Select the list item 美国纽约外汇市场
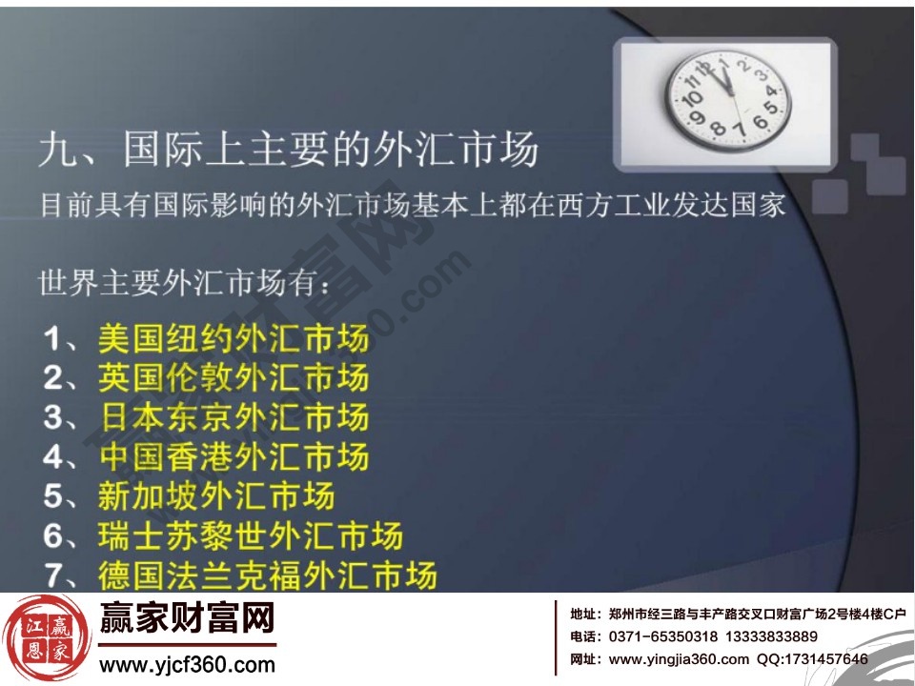point(233,338)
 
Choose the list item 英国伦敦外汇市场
point(233,377)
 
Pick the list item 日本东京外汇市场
point(233,417)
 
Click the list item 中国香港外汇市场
point(233,456)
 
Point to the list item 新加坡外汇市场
point(215,496)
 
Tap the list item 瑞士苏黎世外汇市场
point(250,535)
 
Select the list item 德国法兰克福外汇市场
point(267,575)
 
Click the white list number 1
point(53,338)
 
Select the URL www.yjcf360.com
point(187,665)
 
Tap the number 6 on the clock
point(760,123)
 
